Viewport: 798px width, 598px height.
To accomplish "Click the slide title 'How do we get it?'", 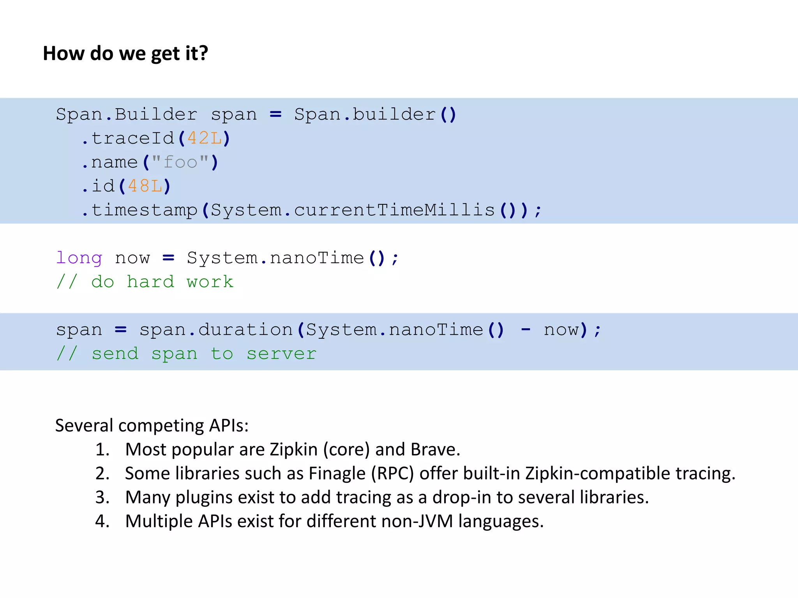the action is click(125, 53).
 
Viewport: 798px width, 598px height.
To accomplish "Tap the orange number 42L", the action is click(205, 138).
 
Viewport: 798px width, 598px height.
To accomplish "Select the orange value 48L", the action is click(145, 186).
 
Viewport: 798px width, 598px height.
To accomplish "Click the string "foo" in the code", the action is click(180, 162).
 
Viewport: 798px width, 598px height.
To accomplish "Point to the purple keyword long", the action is click(79, 258).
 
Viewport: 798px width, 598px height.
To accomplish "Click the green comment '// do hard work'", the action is click(145, 282).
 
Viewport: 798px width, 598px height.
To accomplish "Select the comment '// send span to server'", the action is click(186, 354).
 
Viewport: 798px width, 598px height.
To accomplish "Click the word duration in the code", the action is click(245, 330).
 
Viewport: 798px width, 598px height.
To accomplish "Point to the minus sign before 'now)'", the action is click(526, 330).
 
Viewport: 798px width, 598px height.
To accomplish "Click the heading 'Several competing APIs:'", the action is click(152, 425).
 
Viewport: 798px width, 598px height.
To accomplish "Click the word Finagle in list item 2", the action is click(337, 473).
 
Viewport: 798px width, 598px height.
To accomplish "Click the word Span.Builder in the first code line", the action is click(127, 114).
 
